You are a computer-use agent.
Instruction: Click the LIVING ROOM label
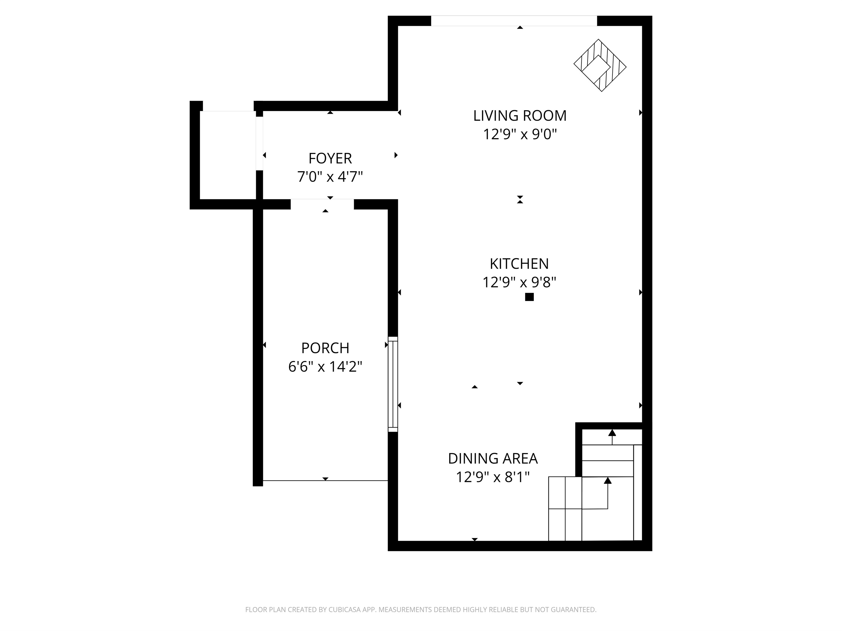(520, 116)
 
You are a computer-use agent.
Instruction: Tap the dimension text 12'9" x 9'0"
(520, 134)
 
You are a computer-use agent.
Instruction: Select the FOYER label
(330, 158)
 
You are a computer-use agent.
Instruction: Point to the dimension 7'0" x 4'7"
(330, 177)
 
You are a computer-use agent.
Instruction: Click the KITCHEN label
(519, 264)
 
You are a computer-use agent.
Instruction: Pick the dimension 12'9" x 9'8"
(519, 282)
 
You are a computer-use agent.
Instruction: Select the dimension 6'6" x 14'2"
(325, 367)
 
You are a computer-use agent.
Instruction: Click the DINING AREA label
(492, 458)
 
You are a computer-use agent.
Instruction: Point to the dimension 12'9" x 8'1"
(492, 477)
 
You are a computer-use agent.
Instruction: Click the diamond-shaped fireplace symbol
(600, 65)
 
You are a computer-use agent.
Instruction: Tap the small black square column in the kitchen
(529, 297)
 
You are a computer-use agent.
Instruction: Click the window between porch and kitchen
(393, 384)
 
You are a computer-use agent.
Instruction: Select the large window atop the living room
(514, 21)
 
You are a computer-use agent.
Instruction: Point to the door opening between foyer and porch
(322, 204)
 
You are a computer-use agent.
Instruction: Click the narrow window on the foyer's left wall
(259, 143)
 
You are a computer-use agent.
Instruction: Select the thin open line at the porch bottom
(325, 481)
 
